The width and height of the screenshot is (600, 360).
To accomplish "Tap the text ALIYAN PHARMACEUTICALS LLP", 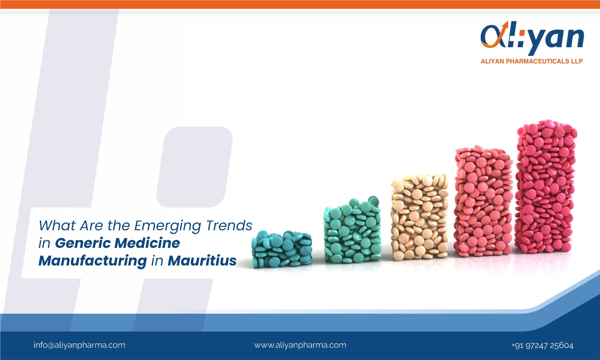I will (531, 61).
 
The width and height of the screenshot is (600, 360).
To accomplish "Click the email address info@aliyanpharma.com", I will (79, 345).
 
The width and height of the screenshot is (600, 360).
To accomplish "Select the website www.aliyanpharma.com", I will (300, 345).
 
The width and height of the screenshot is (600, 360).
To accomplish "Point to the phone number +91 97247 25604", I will (542, 345).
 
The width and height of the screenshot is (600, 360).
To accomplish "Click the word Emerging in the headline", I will (168, 226).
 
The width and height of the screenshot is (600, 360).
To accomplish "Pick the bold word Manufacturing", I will (92, 261).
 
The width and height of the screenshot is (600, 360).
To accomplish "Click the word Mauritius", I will (202, 261).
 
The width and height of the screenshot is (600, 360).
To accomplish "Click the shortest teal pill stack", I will (282, 249).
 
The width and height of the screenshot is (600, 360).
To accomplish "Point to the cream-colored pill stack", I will (419, 217).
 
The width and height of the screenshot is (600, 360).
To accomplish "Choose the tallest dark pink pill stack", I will (546, 186).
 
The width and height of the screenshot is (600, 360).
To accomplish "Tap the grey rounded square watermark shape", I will (195, 167).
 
